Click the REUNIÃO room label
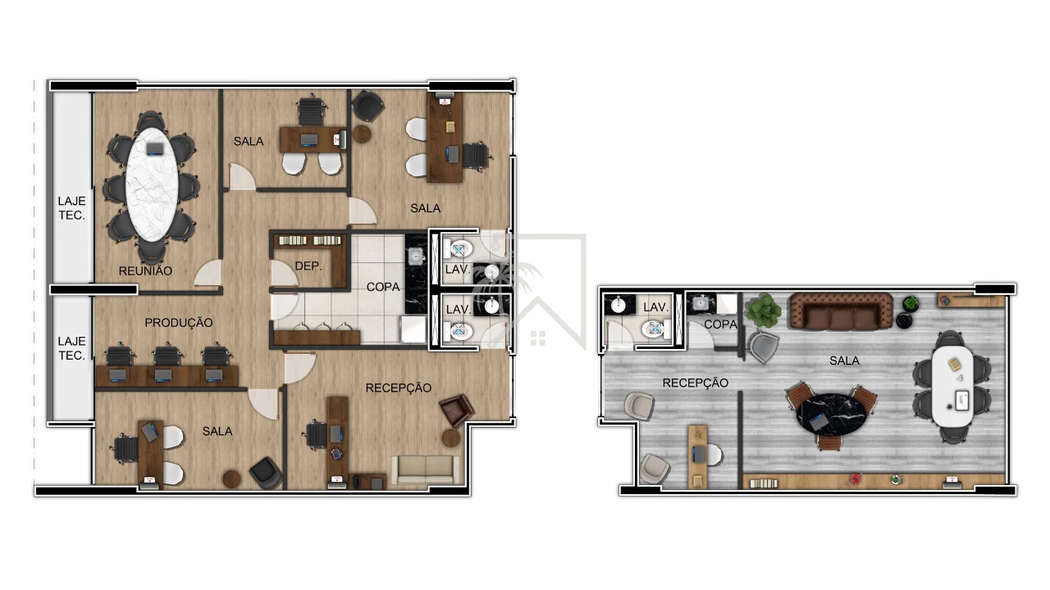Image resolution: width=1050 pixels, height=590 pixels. point(145,270)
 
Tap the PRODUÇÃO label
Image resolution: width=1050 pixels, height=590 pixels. point(179,323)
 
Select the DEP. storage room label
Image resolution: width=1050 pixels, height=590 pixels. point(308,266)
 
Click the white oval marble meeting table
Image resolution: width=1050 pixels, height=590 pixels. point(152,184)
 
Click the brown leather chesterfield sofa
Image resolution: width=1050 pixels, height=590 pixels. point(842,311)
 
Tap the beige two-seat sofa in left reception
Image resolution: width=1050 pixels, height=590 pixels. point(426,470)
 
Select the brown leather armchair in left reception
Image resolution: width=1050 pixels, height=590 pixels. point(457,411)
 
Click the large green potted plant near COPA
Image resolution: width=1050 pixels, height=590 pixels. point(764,311)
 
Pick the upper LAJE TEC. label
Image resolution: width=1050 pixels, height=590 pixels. point(71,208)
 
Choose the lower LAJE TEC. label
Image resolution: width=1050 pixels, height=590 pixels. point(71,348)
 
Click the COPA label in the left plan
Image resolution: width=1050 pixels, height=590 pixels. point(383,287)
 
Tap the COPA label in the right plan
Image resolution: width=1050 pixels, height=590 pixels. point(720,324)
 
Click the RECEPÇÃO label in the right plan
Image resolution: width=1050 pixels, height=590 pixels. point(695,383)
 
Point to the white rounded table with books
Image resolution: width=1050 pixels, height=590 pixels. point(952,385)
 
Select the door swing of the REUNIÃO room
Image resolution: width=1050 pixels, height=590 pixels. point(208,273)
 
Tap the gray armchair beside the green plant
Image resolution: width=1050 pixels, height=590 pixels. point(762,347)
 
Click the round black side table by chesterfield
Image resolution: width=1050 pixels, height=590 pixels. point(904,320)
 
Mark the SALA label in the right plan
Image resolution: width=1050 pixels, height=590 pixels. point(844,361)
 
